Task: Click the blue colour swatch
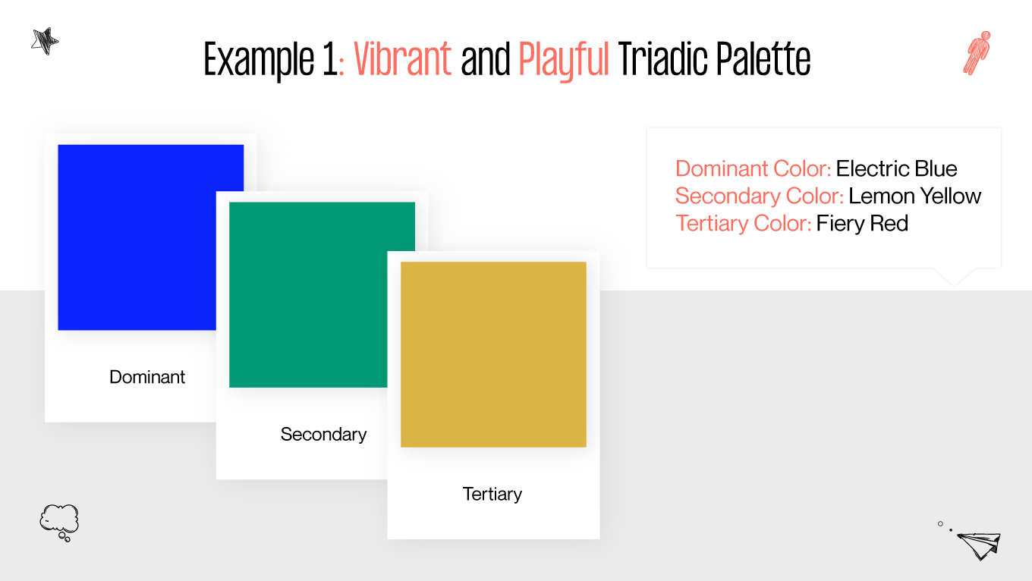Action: click(137, 228)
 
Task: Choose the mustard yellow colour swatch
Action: click(493, 354)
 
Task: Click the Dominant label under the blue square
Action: click(147, 377)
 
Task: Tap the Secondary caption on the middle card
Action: click(323, 435)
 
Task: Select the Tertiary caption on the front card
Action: click(492, 495)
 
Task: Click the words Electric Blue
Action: click(896, 168)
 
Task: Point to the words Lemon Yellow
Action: click(914, 196)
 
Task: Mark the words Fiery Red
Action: click(862, 223)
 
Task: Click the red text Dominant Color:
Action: click(753, 168)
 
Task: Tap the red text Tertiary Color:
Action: click(743, 223)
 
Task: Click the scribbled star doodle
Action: click(45, 40)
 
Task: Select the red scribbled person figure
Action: click(977, 52)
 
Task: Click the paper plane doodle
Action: click(978, 544)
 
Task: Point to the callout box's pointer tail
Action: click(953, 277)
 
